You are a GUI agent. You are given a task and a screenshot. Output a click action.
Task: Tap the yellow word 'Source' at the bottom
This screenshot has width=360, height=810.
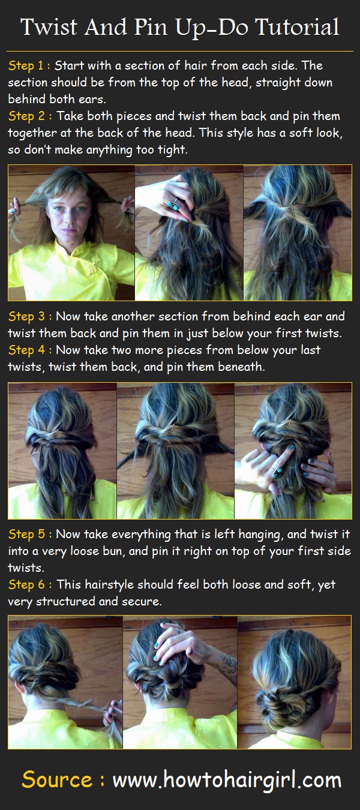tap(57, 780)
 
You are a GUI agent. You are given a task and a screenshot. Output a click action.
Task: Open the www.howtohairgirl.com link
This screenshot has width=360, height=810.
tap(227, 780)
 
